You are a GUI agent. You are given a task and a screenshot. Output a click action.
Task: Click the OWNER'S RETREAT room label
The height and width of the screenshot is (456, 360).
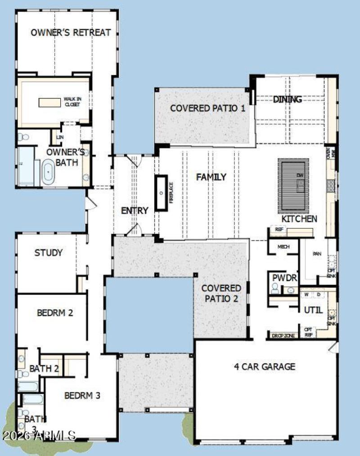pos(71,32)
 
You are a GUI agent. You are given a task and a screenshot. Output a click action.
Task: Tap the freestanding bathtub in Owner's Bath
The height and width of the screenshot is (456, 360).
pos(48,174)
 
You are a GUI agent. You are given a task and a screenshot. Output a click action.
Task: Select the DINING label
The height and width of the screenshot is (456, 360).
pos(287,99)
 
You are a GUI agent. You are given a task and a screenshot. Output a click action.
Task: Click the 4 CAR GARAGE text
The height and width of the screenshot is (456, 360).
pos(265,367)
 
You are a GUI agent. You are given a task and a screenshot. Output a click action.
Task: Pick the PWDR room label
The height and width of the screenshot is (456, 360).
pos(284,278)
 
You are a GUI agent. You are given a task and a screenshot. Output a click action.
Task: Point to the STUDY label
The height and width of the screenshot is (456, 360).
pos(49,253)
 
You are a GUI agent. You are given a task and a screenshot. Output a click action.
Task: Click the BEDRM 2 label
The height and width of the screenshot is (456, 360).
pos(55,313)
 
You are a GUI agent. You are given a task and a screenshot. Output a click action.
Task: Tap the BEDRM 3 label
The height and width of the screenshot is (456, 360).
pos(82,396)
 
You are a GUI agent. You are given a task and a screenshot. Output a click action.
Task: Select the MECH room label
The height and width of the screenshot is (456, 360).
pos(283,246)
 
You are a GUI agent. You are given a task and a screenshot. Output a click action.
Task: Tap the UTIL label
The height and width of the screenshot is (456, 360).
pos(313,310)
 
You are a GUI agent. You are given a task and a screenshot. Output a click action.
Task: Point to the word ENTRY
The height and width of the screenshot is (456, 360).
pos(135,210)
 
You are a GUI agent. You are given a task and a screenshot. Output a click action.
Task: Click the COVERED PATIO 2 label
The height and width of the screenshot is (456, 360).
pos(221,293)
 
